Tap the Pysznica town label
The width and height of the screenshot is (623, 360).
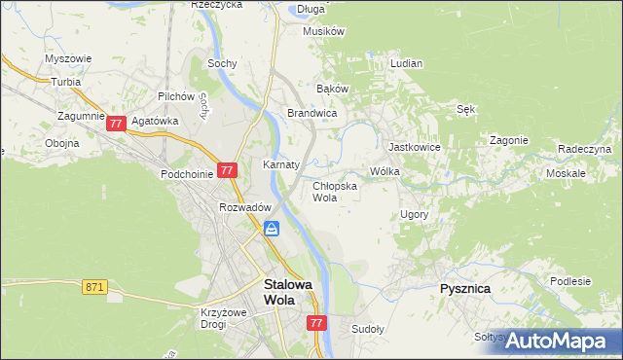pyautogui.click(x=464, y=289)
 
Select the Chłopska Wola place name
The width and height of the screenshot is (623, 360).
pyautogui.click(x=334, y=191)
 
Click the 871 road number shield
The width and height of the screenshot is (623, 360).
pyautogui.click(x=93, y=287)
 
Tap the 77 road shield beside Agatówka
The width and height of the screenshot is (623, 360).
pyautogui.click(x=116, y=124)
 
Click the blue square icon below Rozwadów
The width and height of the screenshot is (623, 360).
pyautogui.click(x=272, y=229)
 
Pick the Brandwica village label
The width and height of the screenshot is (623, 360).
pyautogui.click(x=311, y=113)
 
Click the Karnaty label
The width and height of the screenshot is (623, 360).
pyautogui.click(x=280, y=164)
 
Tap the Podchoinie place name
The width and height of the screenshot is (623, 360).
pyautogui.click(x=186, y=174)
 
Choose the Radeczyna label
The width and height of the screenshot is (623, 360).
pyautogui.click(x=584, y=149)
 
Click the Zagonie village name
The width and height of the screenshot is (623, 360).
pyautogui.click(x=508, y=140)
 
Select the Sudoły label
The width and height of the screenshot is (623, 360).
pyautogui.click(x=368, y=329)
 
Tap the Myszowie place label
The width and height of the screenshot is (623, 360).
pyautogui.click(x=68, y=58)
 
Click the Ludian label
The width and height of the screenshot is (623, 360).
pyautogui.click(x=406, y=63)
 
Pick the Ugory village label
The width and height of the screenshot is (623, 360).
pyautogui.click(x=414, y=213)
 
